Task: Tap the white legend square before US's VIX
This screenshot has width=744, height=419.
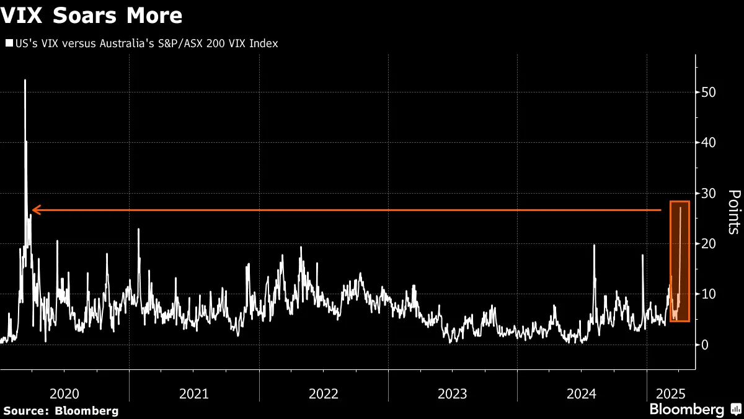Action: click(9, 43)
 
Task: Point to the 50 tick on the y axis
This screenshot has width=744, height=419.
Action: click(707, 92)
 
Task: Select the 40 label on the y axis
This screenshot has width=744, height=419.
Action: click(707, 143)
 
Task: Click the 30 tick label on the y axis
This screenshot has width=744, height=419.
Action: click(707, 193)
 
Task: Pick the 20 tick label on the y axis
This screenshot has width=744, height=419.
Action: click(707, 244)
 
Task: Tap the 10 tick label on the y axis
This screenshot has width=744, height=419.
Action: click(707, 294)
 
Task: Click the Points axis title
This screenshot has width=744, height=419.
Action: click(733, 212)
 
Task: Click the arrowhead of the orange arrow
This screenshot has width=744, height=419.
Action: click(35, 210)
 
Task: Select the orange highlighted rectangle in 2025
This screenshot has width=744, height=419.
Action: click(680, 261)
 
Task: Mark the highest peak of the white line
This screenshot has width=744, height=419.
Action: click(25, 81)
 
